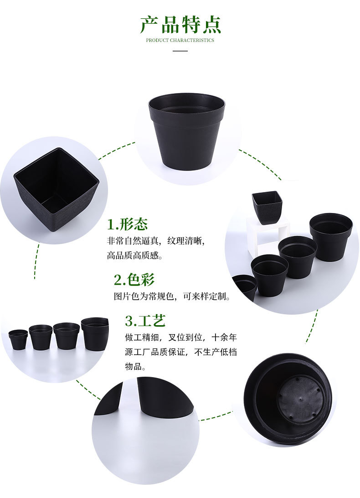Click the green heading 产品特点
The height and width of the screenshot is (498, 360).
[x=180, y=25]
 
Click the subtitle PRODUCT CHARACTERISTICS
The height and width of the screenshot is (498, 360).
[x=180, y=40]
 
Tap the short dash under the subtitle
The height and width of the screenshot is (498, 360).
[x=180, y=51]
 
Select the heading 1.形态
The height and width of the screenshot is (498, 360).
[x=128, y=224]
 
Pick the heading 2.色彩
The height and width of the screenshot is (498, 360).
[x=134, y=279]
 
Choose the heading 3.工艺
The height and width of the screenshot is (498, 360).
[x=145, y=321]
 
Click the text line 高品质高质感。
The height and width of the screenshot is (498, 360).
[x=135, y=255]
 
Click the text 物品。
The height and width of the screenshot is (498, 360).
[x=135, y=366]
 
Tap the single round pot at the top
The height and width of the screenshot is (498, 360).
[x=187, y=130]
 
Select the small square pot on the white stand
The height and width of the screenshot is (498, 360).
[x=267, y=207]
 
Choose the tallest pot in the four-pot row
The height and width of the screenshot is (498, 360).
[x=95, y=333]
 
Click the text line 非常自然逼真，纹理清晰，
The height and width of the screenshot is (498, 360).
[x=159, y=240]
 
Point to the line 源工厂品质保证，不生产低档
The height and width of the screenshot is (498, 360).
[x=181, y=352]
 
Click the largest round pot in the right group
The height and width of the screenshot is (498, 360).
[x=331, y=236]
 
